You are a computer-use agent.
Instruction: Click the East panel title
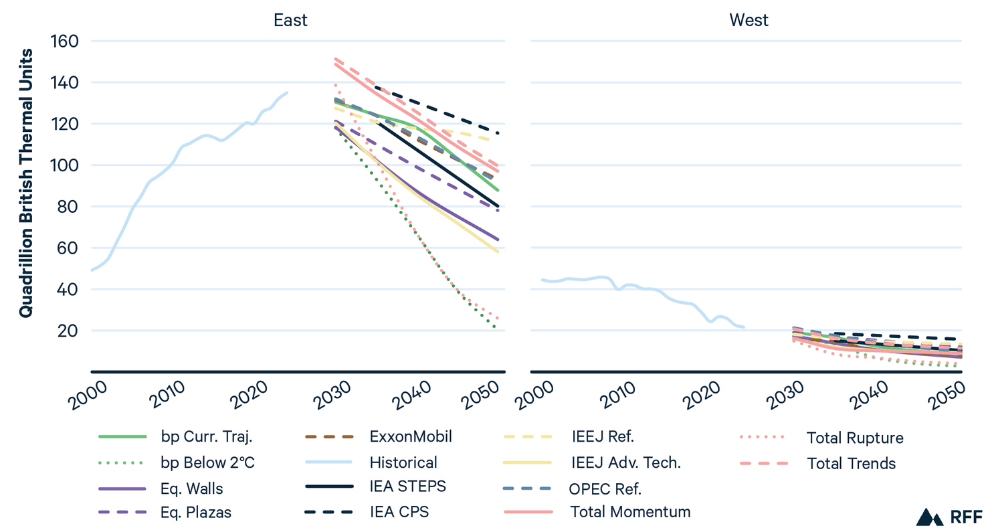click(290, 20)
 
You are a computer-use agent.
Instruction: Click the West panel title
click(749, 20)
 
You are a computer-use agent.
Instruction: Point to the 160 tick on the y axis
click(66, 41)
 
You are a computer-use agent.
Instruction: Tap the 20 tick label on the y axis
click(70, 331)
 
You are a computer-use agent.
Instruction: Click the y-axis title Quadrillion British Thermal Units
click(25, 183)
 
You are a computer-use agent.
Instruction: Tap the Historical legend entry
click(403, 462)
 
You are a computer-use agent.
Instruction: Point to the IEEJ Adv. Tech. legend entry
click(625, 462)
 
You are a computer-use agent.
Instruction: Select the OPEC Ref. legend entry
click(605, 488)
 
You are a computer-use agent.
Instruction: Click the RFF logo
click(941, 517)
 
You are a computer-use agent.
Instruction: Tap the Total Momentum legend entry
click(630, 512)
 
